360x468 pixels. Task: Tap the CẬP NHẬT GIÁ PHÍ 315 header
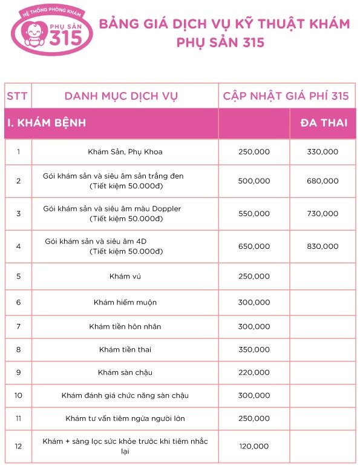pos(286,96)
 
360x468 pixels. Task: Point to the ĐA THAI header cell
pos(324,124)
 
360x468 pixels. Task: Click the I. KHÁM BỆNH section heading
pos(46,124)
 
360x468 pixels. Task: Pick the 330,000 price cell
pos(323,151)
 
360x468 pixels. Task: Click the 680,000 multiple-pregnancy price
pos(323,180)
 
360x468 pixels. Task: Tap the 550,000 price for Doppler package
pos(254,214)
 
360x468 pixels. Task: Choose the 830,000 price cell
pos(323,246)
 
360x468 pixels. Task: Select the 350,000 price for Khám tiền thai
pos(254,349)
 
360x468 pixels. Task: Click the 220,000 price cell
pos(254,372)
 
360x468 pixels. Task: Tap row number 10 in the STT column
pos(18,395)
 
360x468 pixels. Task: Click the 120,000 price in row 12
pos(254,446)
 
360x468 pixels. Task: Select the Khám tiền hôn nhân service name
pos(125,326)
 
